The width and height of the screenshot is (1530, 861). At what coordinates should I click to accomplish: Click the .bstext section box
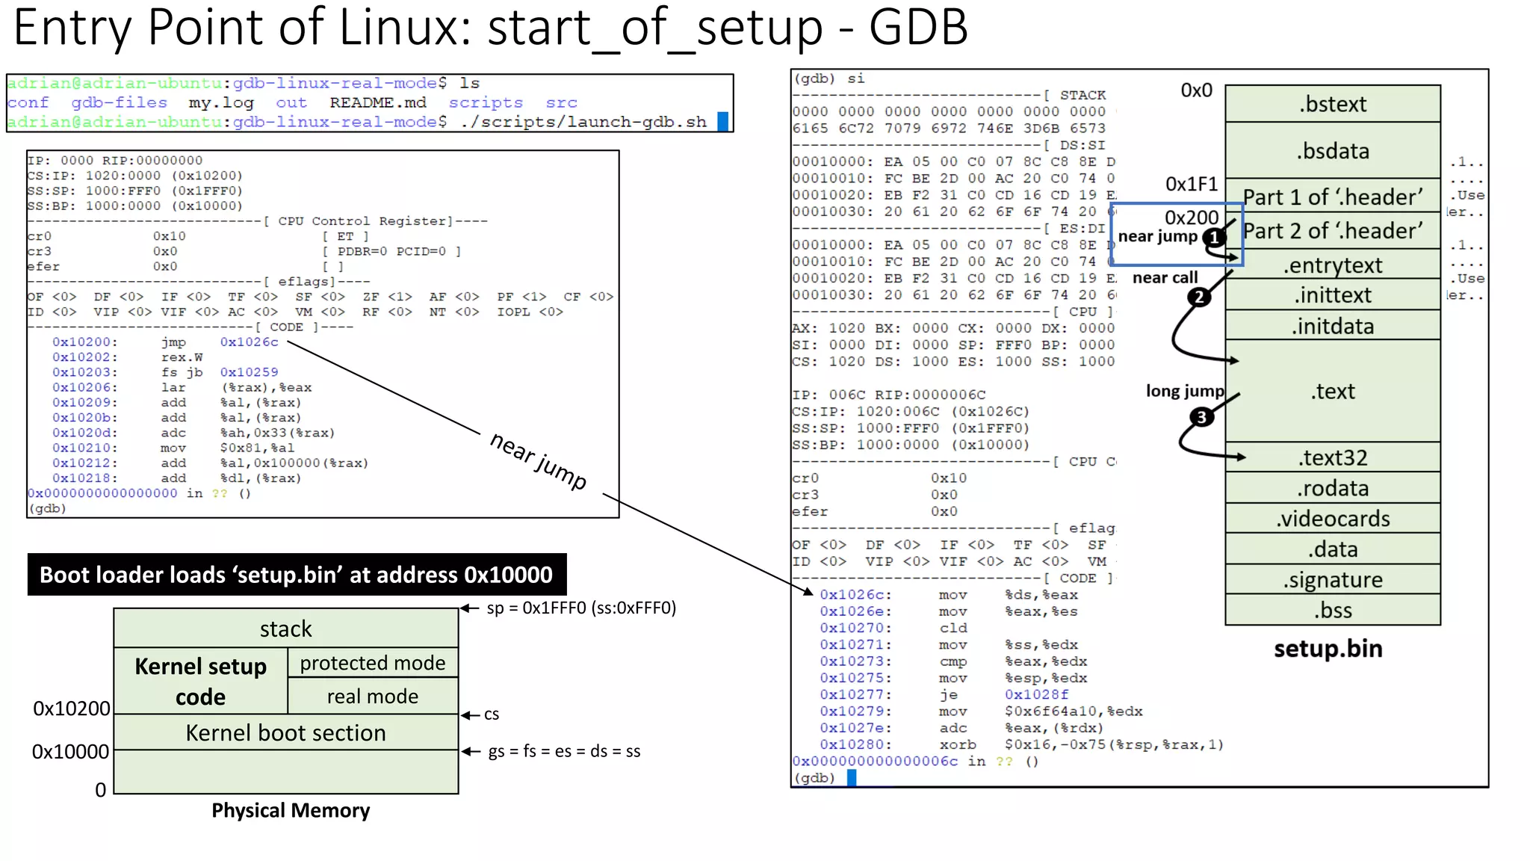pyautogui.click(x=1332, y=104)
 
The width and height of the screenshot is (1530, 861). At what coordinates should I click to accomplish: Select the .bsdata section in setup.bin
pyautogui.click(x=1332, y=150)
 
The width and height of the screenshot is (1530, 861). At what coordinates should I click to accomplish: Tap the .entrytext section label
pyautogui.click(x=1332, y=265)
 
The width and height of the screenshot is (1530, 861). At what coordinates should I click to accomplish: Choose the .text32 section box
pyautogui.click(x=1332, y=457)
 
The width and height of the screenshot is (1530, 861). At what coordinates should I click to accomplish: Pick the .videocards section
pyautogui.click(x=1332, y=518)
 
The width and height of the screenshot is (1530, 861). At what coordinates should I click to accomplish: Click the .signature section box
pyautogui.click(x=1332, y=579)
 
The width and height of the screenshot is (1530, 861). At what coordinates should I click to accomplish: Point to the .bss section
pyautogui.click(x=1332, y=610)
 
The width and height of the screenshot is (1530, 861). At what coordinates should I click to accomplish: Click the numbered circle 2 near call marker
pyautogui.click(x=1199, y=297)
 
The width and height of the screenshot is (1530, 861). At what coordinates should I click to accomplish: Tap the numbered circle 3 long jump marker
pyautogui.click(x=1201, y=417)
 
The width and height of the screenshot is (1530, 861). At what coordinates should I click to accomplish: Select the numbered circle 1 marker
pyautogui.click(x=1215, y=238)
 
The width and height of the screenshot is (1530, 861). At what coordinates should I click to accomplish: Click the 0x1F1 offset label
pyautogui.click(x=1192, y=184)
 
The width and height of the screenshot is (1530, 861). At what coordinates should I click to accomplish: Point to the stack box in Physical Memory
pyautogui.click(x=285, y=629)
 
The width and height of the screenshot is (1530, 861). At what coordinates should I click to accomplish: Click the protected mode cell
pyautogui.click(x=372, y=663)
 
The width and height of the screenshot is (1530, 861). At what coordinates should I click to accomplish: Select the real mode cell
pyautogui.click(x=372, y=696)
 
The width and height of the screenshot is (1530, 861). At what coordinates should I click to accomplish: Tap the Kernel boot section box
pyautogui.click(x=285, y=732)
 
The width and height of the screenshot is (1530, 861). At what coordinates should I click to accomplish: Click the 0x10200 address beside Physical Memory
pyautogui.click(x=72, y=708)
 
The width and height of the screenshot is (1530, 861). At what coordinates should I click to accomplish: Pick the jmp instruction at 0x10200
pyautogui.click(x=173, y=342)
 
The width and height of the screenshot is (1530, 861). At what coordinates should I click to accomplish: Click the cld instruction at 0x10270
pyautogui.click(x=953, y=628)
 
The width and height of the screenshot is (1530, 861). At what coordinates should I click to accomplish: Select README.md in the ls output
pyautogui.click(x=377, y=102)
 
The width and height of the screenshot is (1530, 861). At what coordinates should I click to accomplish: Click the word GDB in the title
pyautogui.click(x=918, y=27)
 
